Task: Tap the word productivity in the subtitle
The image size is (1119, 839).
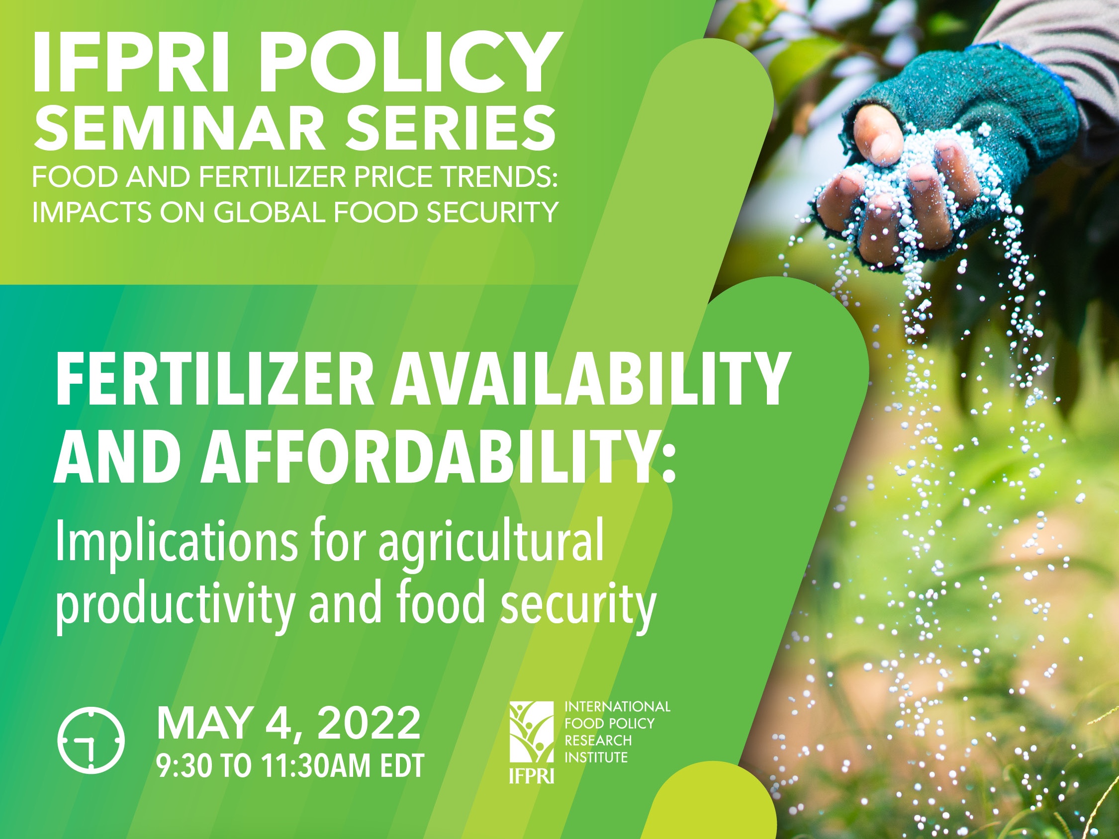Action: (175, 606)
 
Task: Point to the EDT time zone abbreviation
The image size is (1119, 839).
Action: (402, 766)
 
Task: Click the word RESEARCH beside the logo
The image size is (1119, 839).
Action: (598, 741)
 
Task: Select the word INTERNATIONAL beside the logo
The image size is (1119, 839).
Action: (617, 706)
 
